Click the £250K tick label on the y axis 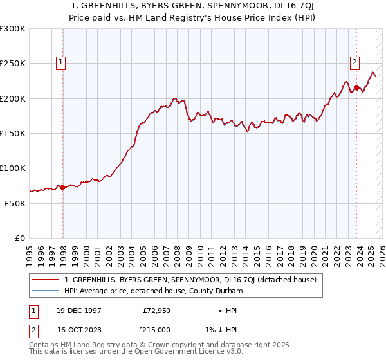[13, 64]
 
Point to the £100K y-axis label [13, 168]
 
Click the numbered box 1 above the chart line [60, 62]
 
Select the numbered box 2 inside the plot [354, 62]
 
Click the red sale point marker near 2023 [356, 88]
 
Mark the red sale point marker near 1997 [63, 187]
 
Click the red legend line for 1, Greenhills [45, 280]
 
